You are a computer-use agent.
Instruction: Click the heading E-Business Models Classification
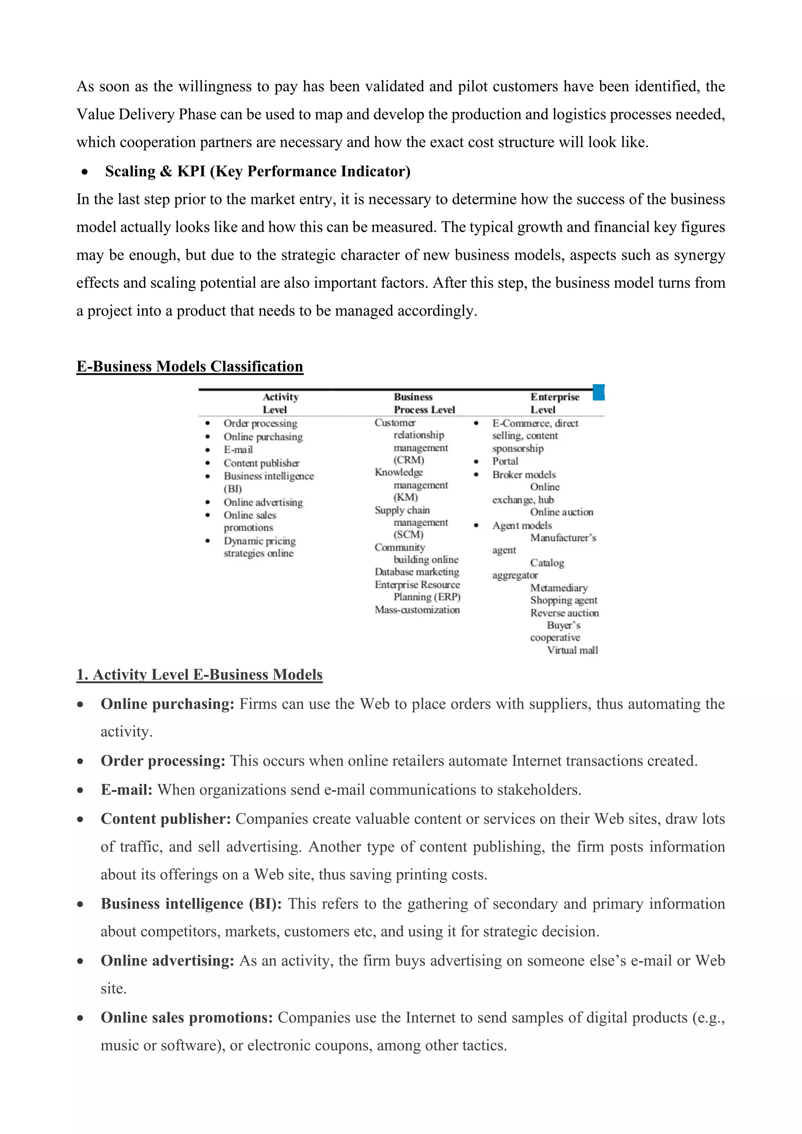click(190, 367)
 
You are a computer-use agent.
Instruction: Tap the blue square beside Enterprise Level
click(598, 393)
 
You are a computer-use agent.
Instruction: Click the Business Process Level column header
click(424, 403)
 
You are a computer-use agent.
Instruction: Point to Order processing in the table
click(260, 423)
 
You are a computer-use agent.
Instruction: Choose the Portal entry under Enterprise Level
click(505, 461)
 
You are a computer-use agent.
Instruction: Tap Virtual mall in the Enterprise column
click(572, 650)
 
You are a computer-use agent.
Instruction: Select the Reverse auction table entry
click(564, 613)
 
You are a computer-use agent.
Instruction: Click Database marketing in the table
click(417, 572)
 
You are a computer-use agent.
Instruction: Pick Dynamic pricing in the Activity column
click(259, 541)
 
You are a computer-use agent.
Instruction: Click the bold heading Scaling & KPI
click(257, 172)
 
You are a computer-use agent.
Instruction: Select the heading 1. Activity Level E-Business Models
click(199, 675)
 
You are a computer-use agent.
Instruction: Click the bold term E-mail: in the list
click(126, 790)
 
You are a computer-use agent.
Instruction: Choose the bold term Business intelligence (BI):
click(191, 904)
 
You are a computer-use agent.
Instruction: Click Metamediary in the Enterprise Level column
click(558, 588)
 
